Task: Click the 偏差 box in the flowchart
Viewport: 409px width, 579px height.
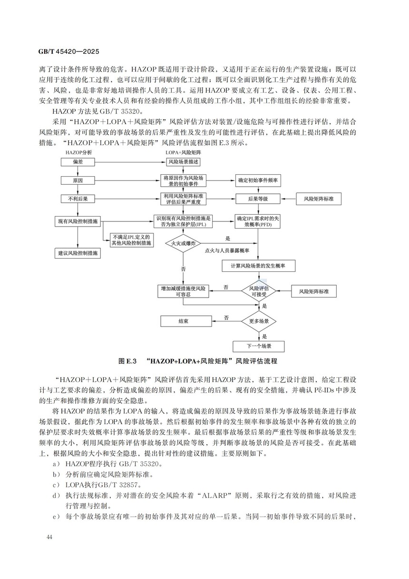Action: tap(78, 162)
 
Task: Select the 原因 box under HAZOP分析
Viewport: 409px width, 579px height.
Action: tap(78, 180)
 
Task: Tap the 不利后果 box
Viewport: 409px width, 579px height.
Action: tap(78, 199)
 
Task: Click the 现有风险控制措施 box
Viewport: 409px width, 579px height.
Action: tap(78, 221)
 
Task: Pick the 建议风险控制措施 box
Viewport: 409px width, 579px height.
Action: tap(78, 253)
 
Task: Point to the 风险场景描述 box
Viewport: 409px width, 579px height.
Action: tap(183, 162)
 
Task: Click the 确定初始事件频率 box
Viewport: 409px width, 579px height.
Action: tap(259, 180)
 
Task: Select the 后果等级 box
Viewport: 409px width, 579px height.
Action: tap(258, 199)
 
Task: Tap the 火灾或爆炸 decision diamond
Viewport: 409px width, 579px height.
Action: tap(183, 243)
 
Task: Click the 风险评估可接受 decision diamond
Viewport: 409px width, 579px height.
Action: tap(259, 290)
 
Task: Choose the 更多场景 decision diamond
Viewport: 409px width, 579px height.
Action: tap(259, 321)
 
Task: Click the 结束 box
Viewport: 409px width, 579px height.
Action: tap(183, 321)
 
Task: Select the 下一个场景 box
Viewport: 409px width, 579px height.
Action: tap(259, 346)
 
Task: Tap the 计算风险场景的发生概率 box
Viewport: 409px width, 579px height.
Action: tap(259, 265)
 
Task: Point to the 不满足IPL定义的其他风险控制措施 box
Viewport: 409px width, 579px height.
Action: tap(130, 240)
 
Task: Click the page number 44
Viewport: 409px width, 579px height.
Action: tap(49, 537)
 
